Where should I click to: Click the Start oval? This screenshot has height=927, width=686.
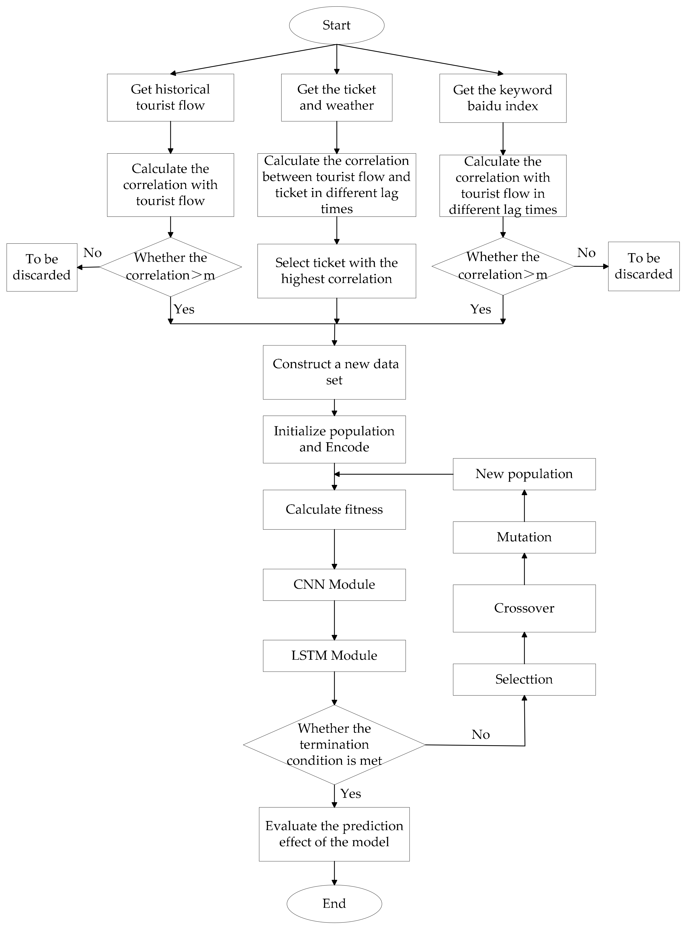coord(336,25)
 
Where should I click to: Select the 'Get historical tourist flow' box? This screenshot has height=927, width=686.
coord(170,98)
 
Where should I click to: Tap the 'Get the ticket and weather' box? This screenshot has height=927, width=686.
coord(336,98)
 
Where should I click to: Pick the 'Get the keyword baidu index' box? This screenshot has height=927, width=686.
coord(503,98)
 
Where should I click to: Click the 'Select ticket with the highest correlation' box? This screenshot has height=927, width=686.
coord(336,271)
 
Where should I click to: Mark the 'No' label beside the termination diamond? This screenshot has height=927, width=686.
coord(480,735)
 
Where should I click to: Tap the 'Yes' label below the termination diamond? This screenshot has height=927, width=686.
coord(350,794)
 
